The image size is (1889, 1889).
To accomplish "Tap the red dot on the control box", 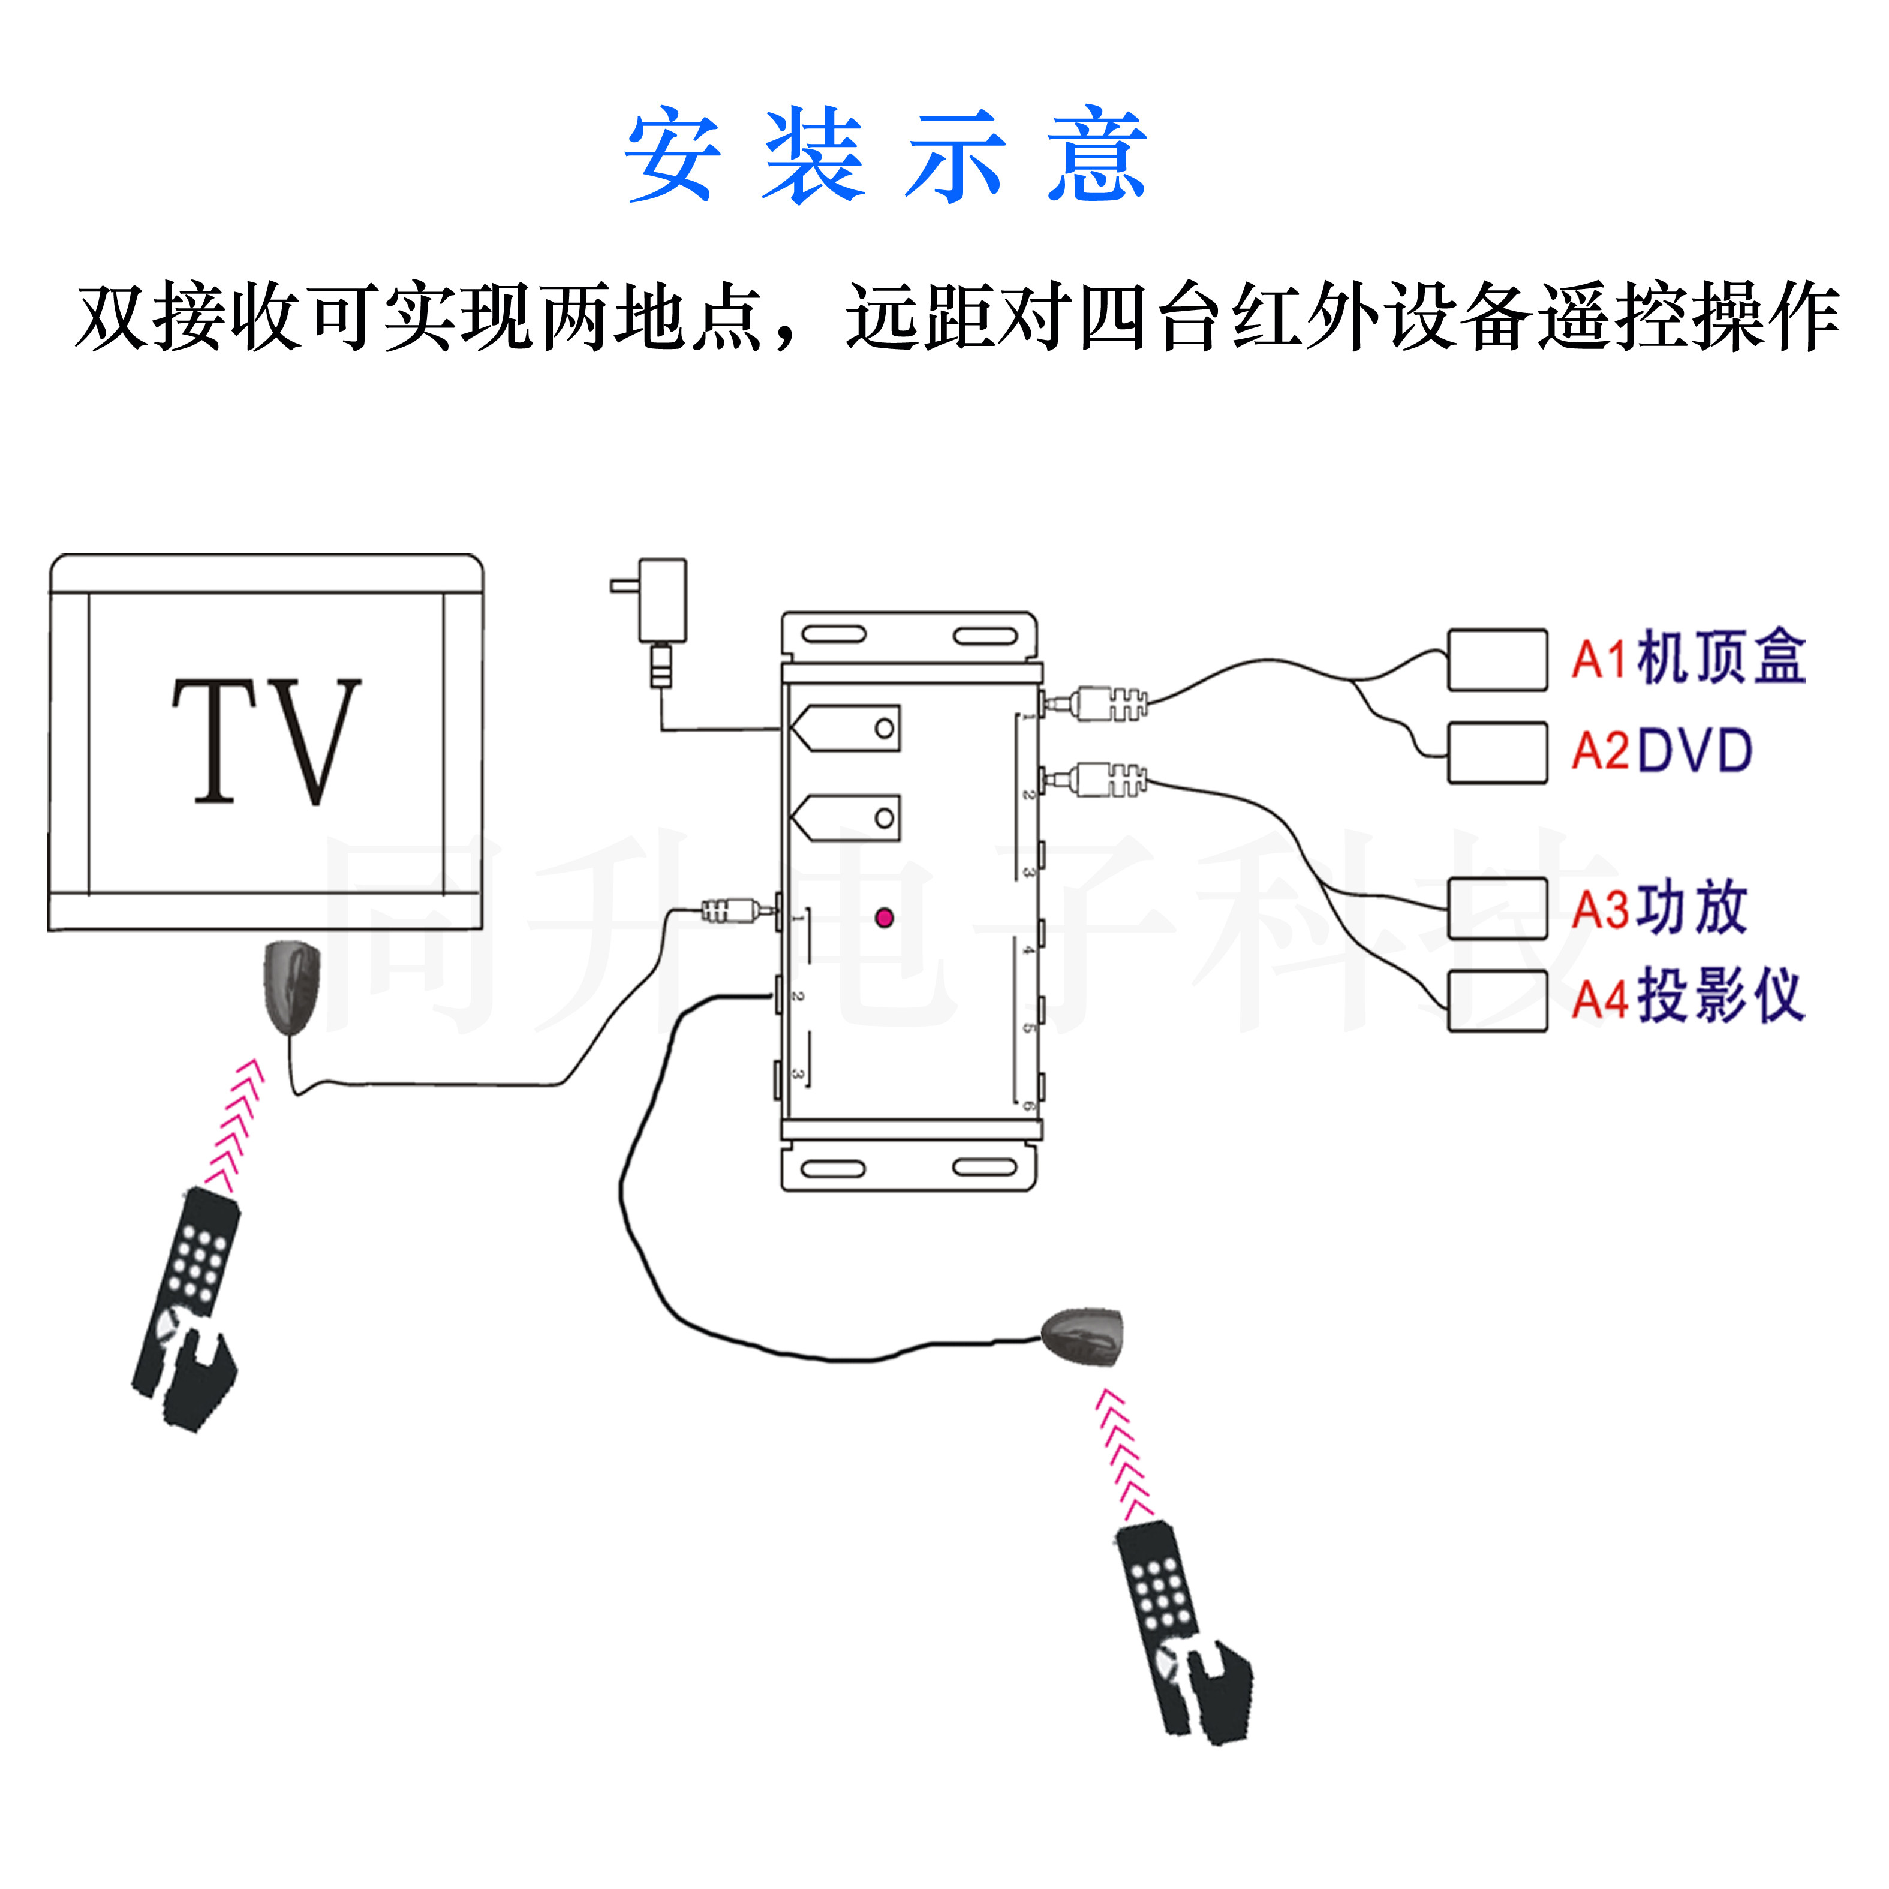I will coord(884,917).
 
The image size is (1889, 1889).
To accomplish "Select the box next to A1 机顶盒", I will coord(1497,660).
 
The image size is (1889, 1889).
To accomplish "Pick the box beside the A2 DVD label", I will coord(1497,753).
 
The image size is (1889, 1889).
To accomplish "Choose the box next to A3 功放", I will coord(1497,909).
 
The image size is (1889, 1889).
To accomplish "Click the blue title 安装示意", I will coord(885,155).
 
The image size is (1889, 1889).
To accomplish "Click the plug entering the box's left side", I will coord(733,912).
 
